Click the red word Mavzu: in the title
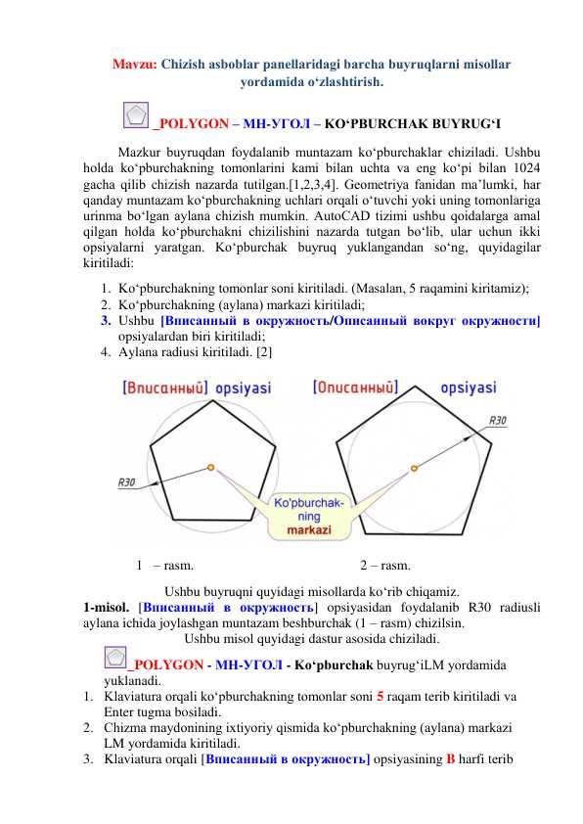[134, 65]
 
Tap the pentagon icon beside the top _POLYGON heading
[136, 115]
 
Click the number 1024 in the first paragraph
[526, 168]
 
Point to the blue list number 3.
[106, 321]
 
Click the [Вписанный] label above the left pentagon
[165, 388]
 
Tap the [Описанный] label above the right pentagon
[355, 388]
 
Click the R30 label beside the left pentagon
[126, 482]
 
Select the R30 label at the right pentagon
[497, 421]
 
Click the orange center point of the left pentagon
[210, 467]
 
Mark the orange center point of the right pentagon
[414, 468]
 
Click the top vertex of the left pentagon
[212, 401]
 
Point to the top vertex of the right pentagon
[416, 387]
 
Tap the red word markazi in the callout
[309, 529]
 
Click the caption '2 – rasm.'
[385, 566]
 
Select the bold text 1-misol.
[106, 608]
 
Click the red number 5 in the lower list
[381, 697]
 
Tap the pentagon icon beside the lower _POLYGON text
[115, 657]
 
